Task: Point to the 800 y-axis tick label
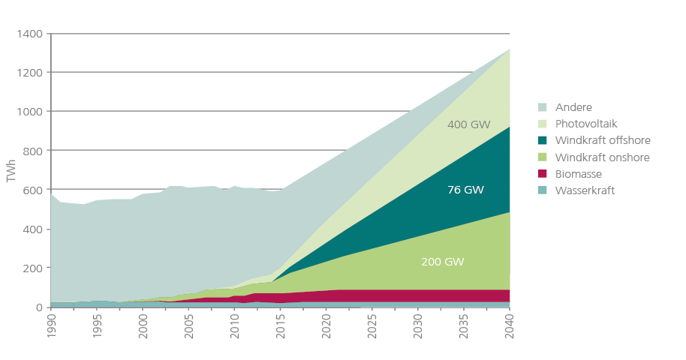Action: click(x=33, y=151)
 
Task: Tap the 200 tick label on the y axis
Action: click(x=33, y=268)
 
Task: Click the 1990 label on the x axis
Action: click(x=52, y=328)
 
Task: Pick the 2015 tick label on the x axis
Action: click(x=281, y=328)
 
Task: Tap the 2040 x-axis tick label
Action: click(x=510, y=328)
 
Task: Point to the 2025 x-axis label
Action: click(x=373, y=328)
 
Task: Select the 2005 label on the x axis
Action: click(x=190, y=328)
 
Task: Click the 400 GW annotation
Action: click(x=468, y=124)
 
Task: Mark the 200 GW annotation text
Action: click(x=443, y=262)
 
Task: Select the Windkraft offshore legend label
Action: click(x=603, y=140)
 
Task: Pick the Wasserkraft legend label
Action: click(x=585, y=190)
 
